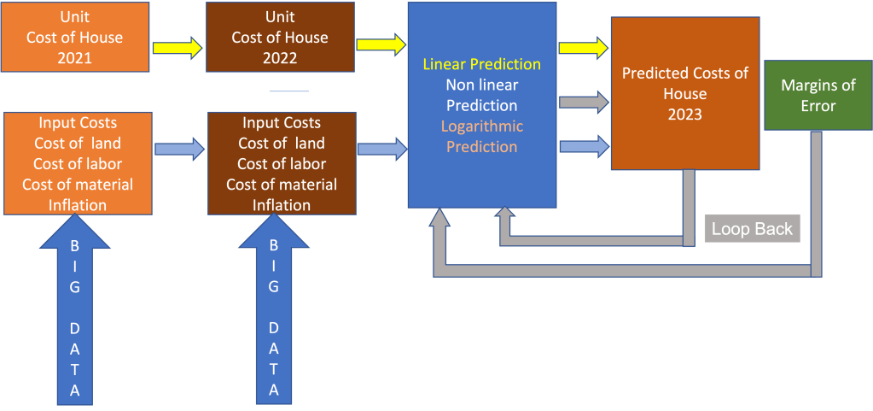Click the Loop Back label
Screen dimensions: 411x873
point(752,229)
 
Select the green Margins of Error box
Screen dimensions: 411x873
point(807,96)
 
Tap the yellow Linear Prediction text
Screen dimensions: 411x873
point(482,65)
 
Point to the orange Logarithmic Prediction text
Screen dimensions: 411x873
point(482,137)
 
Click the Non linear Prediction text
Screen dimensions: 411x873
point(482,96)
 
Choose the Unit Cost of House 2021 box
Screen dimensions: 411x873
point(74,38)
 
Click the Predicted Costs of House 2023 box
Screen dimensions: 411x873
point(684,94)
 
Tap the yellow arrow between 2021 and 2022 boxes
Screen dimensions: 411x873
point(178,47)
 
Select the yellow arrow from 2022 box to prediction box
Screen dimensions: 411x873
point(381,44)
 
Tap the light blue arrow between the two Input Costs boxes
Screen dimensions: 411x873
point(179,150)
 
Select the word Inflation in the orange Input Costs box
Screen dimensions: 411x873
point(78,205)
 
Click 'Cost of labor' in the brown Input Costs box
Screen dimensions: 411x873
point(282,164)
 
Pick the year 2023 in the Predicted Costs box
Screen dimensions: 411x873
point(684,114)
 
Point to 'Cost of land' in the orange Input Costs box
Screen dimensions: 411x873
point(78,144)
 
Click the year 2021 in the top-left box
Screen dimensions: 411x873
point(74,57)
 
